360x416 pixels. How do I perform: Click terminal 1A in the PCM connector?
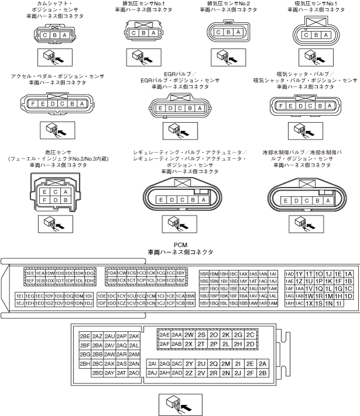pos(348,273)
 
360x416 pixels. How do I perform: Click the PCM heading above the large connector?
pos(180,246)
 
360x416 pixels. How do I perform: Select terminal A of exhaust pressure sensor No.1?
pos(153,33)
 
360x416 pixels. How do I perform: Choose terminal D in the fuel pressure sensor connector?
pos(54,200)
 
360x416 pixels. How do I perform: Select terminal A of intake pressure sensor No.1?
pos(322,35)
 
